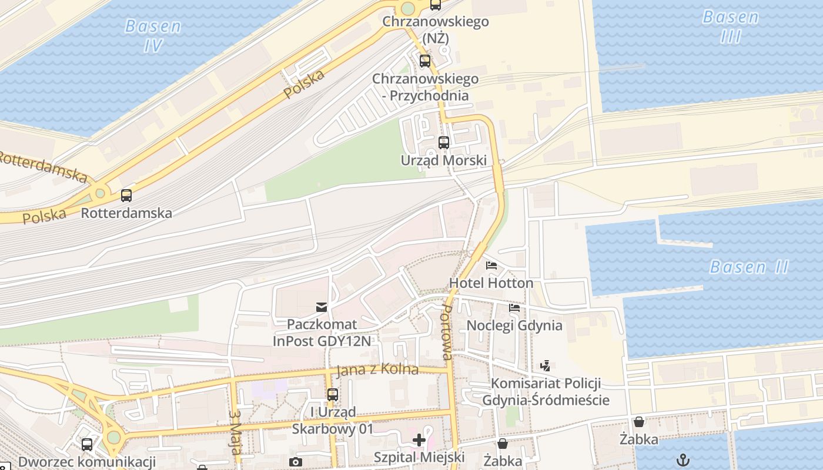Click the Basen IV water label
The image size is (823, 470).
tap(153, 36)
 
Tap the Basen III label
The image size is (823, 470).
tap(731, 27)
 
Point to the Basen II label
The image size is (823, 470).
tap(749, 267)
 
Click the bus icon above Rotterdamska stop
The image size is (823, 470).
tap(126, 196)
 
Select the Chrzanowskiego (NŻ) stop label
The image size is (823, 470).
tap(435, 30)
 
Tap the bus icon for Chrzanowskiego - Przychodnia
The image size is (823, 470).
tap(425, 61)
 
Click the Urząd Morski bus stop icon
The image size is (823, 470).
tap(444, 143)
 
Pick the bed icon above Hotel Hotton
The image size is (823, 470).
tap(491, 266)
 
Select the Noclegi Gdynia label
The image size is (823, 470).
tap(514, 325)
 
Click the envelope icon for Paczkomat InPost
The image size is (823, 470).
tap(321, 307)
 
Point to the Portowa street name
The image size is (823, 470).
tap(447, 332)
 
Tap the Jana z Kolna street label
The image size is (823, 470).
tap(377, 370)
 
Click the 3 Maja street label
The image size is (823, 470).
tap(235, 432)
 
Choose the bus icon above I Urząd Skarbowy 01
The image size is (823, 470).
tap(333, 395)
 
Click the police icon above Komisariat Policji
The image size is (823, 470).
tap(545, 366)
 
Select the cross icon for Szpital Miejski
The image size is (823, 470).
tap(419, 440)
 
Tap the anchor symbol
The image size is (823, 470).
tap(683, 460)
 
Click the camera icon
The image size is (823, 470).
tap(296, 462)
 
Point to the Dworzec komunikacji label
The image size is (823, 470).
tap(86, 462)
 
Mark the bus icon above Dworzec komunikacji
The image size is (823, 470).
tap(87, 445)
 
